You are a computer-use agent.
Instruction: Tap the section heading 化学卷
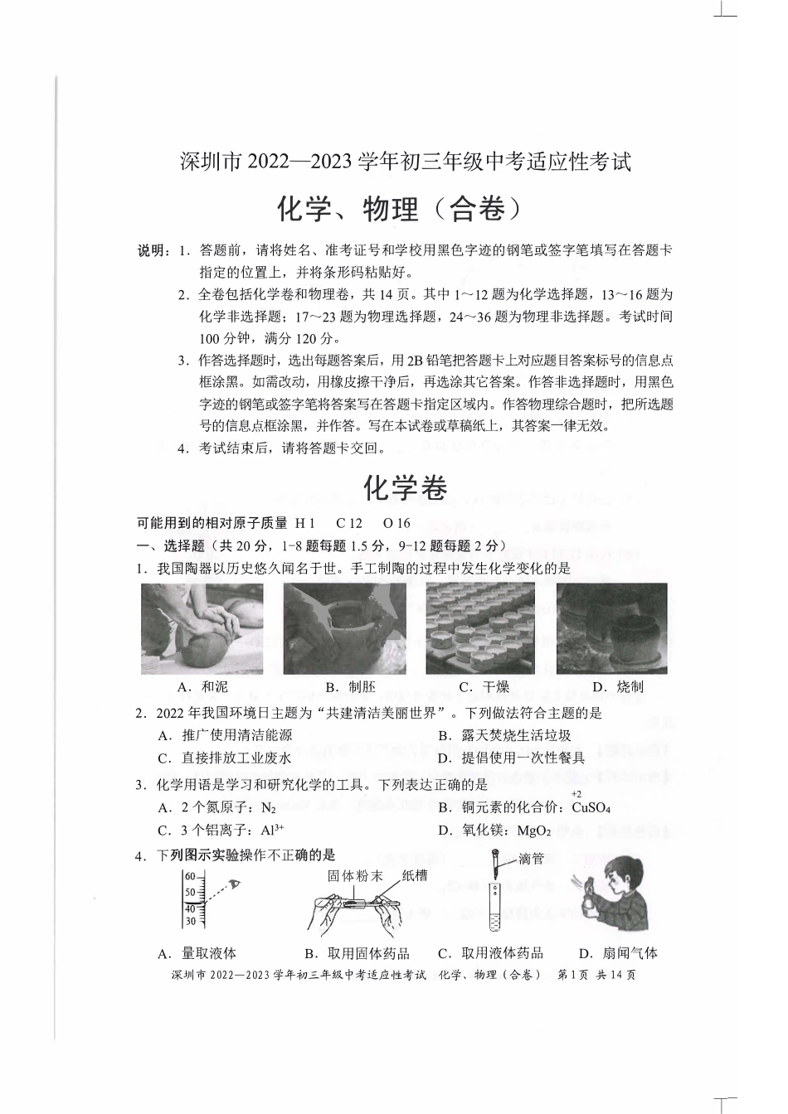click(406, 489)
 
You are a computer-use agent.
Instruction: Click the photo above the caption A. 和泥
click(202, 628)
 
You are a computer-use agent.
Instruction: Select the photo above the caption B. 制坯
click(344, 628)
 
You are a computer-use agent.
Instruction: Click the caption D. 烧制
click(618, 686)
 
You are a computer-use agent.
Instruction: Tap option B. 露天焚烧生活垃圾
click(504, 735)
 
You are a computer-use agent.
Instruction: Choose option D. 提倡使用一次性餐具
click(511, 758)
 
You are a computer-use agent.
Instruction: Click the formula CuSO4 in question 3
click(591, 808)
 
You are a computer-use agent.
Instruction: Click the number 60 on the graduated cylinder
click(189, 876)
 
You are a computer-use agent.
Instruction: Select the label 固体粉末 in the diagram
click(355, 875)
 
